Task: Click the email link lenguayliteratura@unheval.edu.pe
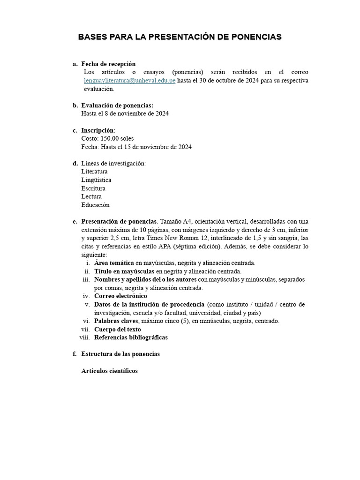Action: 129,80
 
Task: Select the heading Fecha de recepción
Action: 108,64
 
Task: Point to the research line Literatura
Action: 94,172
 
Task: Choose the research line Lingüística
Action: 96,180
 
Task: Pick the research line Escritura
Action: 93,188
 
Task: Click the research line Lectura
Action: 91,196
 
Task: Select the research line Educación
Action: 95,205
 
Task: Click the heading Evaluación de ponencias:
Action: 117,105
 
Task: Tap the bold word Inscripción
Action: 97,130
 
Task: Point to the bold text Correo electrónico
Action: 120,296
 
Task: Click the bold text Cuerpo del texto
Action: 118,329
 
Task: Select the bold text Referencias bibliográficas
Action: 131,337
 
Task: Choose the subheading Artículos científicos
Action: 110,371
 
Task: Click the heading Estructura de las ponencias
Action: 120,354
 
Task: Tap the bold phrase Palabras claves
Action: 116,321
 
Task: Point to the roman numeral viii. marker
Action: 85,337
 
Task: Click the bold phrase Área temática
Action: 114,263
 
